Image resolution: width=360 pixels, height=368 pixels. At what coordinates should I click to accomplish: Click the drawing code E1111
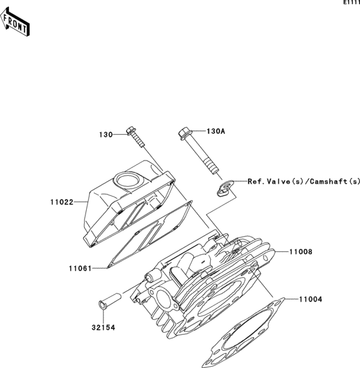pos(350,3)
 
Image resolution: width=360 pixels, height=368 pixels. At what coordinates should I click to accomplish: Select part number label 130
pos(105,135)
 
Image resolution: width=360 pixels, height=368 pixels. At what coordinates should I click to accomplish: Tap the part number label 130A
pos(215,131)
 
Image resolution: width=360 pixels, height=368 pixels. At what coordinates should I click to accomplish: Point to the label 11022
pos(60,202)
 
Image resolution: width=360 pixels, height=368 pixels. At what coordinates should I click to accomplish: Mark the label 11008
pos(300,252)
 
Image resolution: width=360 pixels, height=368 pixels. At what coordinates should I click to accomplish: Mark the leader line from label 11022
pos(80,202)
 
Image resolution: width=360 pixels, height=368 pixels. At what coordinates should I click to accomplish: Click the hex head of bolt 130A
pos(183,134)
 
